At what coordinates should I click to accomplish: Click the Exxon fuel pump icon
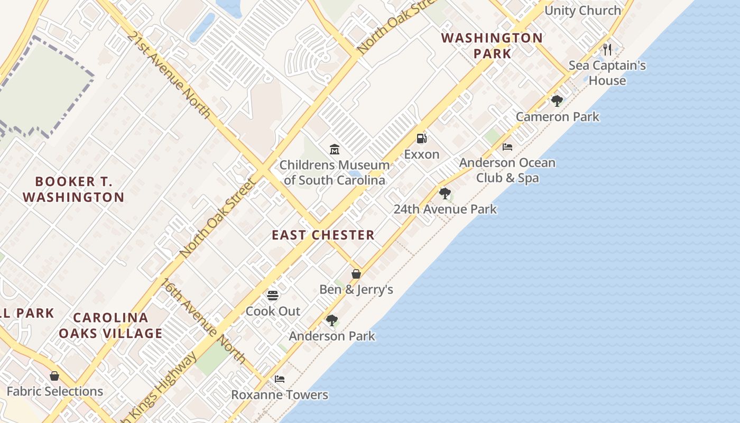(421, 139)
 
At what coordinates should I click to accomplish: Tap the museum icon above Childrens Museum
(334, 150)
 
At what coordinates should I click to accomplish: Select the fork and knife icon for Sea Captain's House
(607, 50)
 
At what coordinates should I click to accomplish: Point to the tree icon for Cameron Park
(557, 101)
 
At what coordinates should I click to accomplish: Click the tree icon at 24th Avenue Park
(445, 194)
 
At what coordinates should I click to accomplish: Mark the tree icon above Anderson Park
(332, 320)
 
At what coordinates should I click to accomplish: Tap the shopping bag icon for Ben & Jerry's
(356, 274)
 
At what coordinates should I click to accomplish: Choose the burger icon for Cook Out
(273, 296)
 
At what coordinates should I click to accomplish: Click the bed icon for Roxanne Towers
(280, 379)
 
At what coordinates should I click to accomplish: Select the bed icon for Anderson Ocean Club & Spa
(507, 147)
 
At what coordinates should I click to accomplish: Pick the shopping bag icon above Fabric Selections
(54, 376)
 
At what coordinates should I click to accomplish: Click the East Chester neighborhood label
(323, 235)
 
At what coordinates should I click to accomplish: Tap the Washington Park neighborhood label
(492, 45)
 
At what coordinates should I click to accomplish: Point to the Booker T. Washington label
(73, 189)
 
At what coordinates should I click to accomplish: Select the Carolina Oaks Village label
(110, 325)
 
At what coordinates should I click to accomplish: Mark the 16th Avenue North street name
(204, 321)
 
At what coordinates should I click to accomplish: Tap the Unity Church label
(582, 11)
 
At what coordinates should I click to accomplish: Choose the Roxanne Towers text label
(280, 395)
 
